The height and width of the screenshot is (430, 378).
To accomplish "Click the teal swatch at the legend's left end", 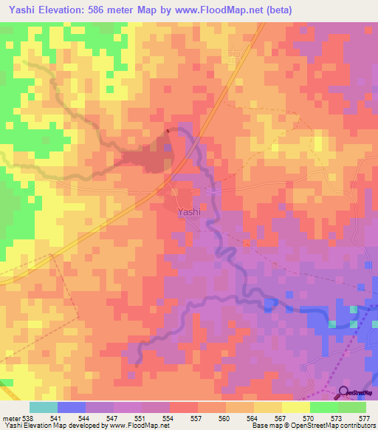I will click(x=43, y=407).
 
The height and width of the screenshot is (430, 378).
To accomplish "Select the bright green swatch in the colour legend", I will click(x=323, y=407).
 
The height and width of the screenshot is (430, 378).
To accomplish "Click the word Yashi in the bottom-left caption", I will click(x=13, y=426).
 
